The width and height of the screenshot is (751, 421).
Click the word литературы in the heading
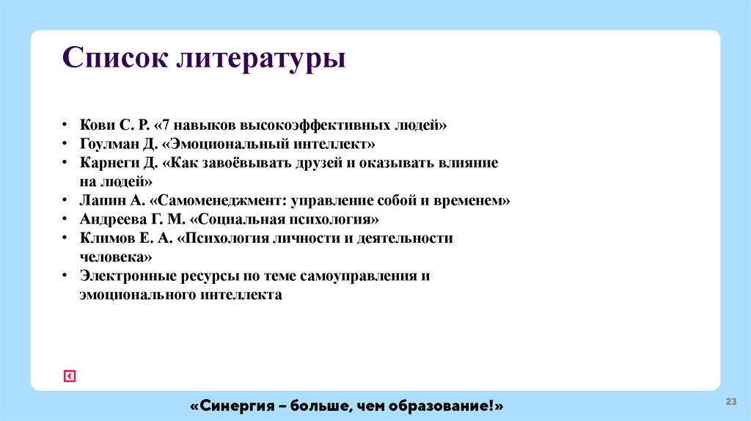(x=260, y=59)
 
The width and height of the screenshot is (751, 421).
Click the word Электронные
(x=121, y=276)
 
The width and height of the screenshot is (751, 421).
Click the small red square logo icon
(x=70, y=376)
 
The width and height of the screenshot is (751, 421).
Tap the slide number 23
(x=730, y=401)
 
